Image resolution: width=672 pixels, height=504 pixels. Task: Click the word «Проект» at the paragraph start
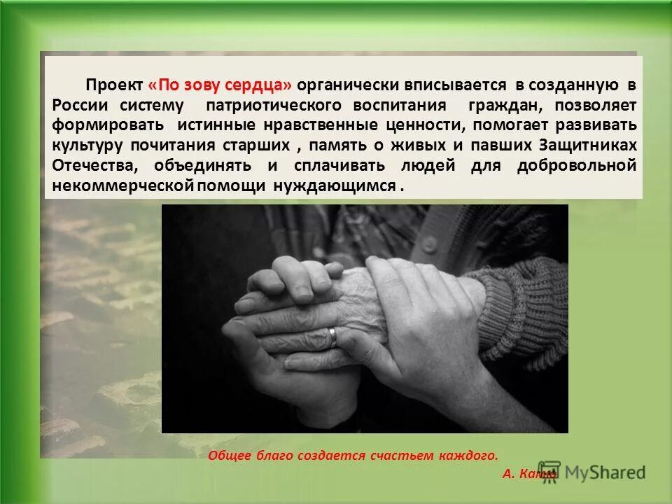click(x=114, y=85)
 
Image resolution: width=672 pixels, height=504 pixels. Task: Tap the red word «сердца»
click(x=260, y=85)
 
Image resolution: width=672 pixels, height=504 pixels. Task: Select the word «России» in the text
click(x=80, y=106)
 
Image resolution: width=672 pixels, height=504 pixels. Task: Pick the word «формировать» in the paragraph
click(x=98, y=126)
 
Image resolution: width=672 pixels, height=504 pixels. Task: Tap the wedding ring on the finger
click(x=333, y=336)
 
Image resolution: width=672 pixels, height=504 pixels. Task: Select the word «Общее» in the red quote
click(x=229, y=455)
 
